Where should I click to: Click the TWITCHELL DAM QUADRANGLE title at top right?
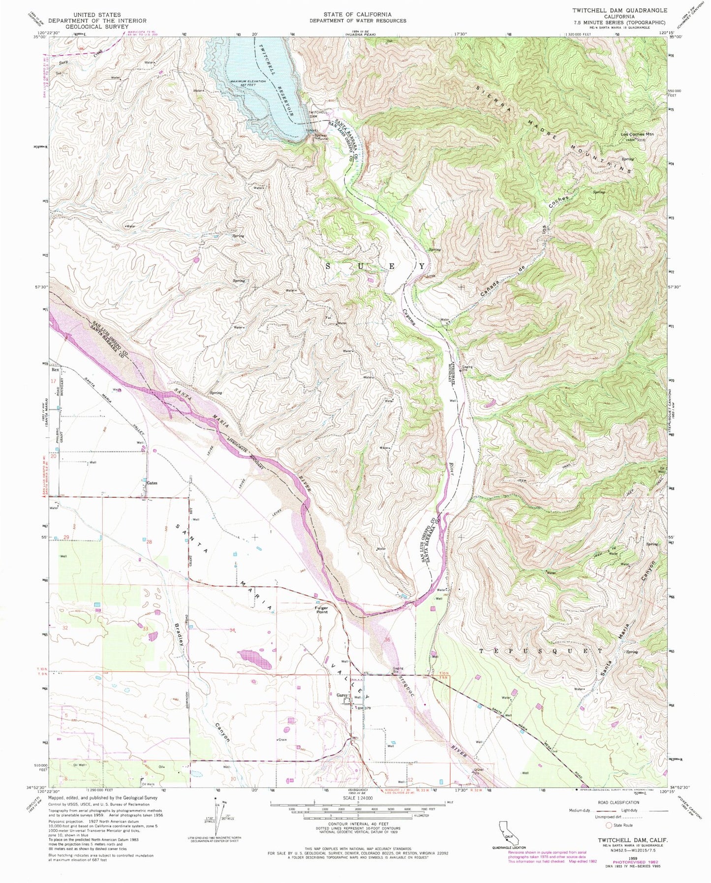pos(619,10)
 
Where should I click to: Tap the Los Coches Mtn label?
pos(639,134)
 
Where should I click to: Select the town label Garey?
pos(342,695)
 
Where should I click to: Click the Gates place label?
pos(152,483)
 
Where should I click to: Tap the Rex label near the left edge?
pos(55,369)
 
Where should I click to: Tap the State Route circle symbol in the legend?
pos(609,825)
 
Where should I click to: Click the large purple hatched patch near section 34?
pos(255,658)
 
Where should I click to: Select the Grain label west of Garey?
pos(282,739)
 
